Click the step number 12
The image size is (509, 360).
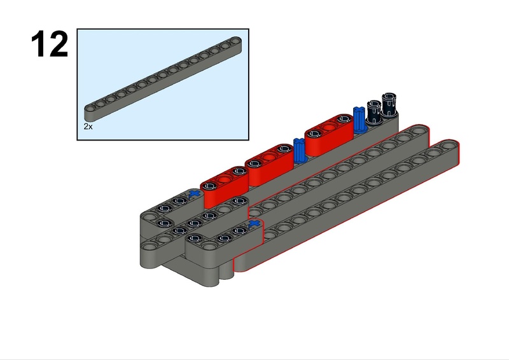(50, 44)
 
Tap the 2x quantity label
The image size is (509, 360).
(88, 127)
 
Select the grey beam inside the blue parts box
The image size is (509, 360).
(163, 79)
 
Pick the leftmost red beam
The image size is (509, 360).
(225, 186)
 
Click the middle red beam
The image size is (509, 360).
(269, 165)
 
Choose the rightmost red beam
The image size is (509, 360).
(329, 134)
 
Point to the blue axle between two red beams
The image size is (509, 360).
(300, 151)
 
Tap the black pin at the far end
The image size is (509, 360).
(389, 105)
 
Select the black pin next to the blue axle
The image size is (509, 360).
(374, 112)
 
